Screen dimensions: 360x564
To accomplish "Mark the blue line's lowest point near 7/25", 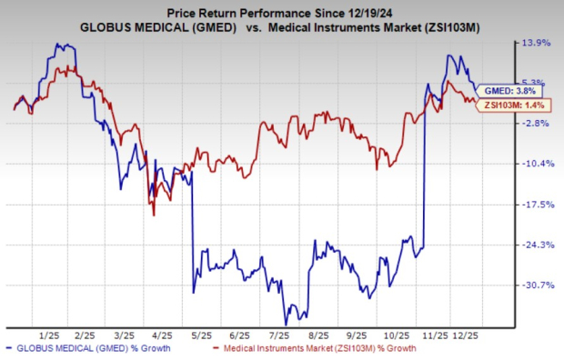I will coord(286,324).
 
